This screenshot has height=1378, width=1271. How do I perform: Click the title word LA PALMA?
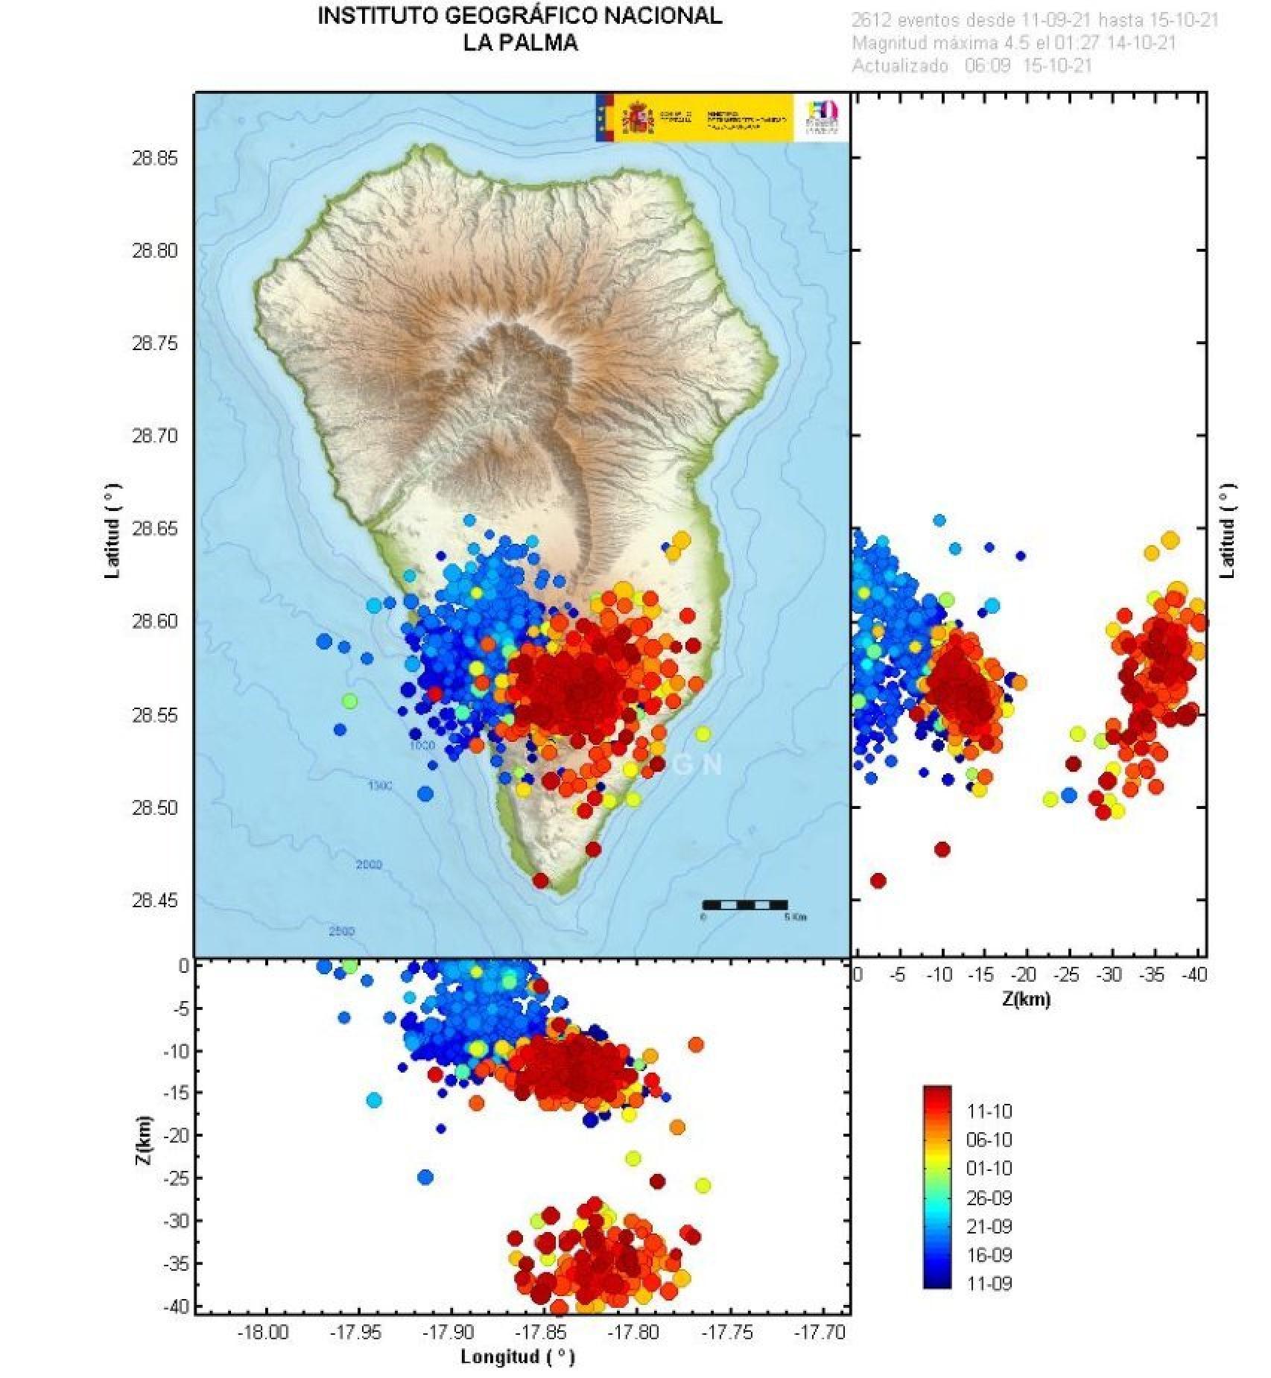click(519, 42)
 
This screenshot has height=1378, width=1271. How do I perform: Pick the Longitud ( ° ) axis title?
click(517, 1356)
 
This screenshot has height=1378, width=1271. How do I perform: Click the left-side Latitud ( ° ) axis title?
click(112, 530)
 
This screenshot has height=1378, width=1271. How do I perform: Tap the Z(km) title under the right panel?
click(1026, 1000)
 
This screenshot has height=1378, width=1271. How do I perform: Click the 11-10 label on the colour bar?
click(989, 1111)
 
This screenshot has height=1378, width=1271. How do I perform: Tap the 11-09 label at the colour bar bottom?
click(989, 1283)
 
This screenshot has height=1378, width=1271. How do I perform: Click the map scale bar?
click(744, 905)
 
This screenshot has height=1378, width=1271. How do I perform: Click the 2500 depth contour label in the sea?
click(341, 931)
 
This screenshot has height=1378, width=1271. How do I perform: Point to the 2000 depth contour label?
click(369, 865)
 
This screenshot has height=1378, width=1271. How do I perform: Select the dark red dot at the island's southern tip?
click(541, 880)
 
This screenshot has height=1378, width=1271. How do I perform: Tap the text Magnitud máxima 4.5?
click(941, 43)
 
